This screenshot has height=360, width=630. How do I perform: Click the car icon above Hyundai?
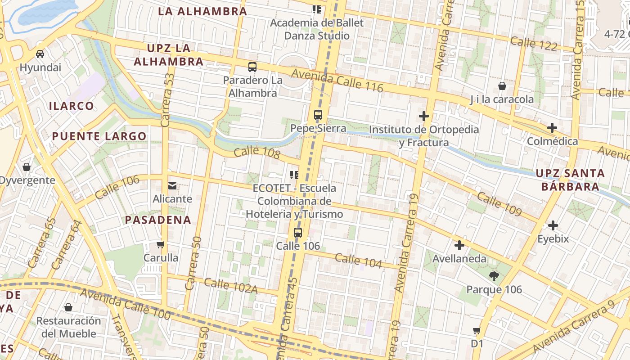40,54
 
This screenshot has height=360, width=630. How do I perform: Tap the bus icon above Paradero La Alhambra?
252,67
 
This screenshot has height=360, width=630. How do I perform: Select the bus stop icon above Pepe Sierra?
318,115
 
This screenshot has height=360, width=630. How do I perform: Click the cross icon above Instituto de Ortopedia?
423,116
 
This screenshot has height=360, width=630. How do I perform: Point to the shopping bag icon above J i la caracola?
502,86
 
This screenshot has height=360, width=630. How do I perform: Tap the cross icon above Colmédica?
552,128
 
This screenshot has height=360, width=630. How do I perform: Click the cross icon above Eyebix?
553,225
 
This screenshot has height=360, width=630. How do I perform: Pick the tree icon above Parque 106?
494,276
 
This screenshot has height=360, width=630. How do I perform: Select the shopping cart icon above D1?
477,331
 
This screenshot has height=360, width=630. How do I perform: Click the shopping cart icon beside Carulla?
161,245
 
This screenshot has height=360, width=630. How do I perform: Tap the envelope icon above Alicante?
172,185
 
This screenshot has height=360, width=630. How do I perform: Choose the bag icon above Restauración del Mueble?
68,307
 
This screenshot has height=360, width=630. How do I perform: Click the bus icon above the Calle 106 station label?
298,233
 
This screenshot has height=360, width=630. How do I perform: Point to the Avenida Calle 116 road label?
337,81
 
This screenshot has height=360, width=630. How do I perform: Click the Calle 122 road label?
534,44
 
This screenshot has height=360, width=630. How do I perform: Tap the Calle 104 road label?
358,261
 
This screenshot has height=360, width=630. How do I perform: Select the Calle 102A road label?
230,286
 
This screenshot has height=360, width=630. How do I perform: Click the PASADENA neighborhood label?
158,220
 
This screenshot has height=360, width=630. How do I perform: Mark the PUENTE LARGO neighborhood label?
99,136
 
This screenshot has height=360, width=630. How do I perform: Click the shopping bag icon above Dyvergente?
27,167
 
